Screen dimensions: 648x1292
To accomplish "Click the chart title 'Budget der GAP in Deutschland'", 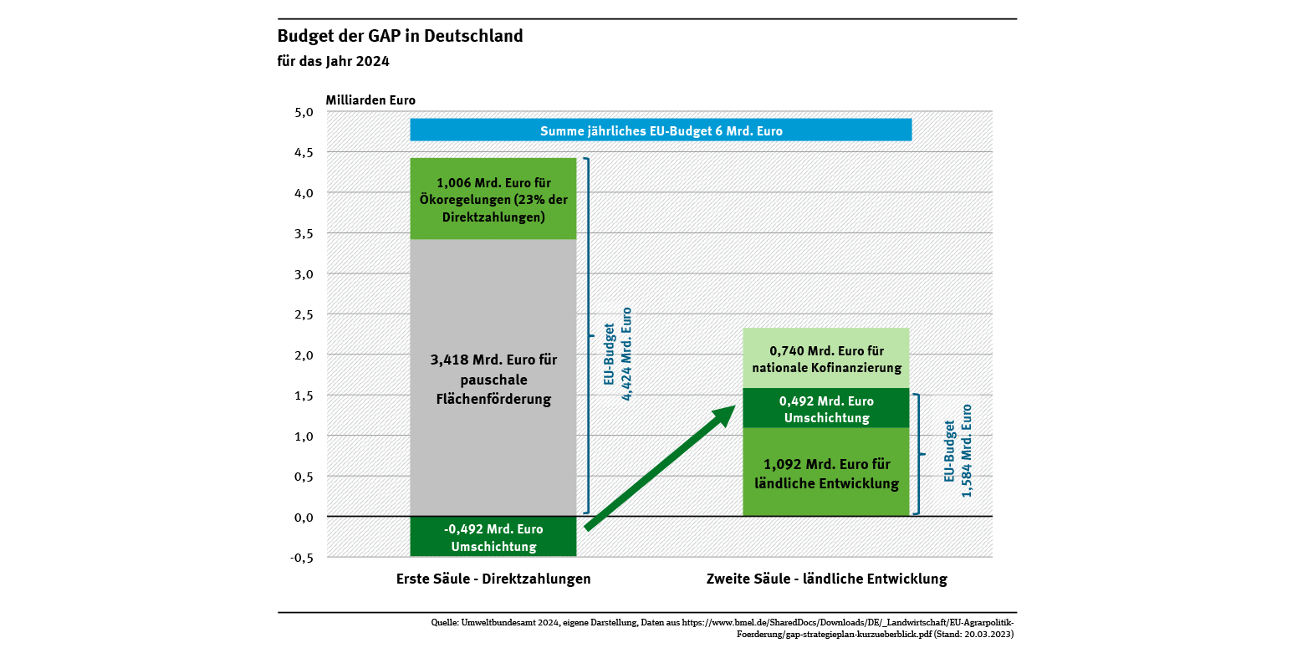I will click(400, 37).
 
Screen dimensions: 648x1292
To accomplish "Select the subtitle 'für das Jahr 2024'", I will click(333, 61).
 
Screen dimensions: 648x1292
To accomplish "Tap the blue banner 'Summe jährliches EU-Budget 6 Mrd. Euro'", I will click(661, 130).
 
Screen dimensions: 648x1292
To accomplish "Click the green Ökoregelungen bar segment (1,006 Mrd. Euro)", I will click(493, 199).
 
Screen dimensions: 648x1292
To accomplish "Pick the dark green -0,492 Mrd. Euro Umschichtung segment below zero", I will click(493, 537).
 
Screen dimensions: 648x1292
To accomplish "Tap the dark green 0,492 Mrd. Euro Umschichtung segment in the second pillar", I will click(826, 408).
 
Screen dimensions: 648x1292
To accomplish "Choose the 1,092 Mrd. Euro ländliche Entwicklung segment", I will click(826, 473).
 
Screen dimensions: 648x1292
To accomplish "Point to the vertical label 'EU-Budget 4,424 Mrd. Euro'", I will click(617, 354).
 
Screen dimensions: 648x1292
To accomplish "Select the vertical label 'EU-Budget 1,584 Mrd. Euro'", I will click(958, 452).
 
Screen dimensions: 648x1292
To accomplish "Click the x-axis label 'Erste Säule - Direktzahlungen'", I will click(493, 579).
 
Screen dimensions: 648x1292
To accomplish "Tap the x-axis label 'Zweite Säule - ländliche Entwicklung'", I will click(826, 579).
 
